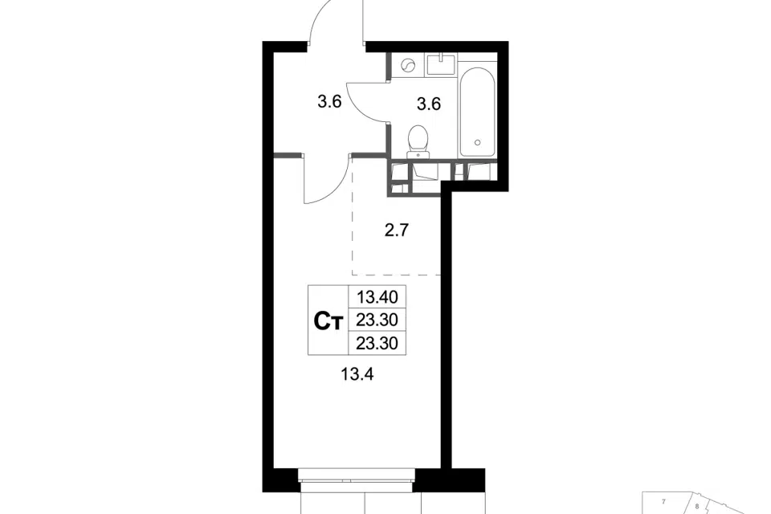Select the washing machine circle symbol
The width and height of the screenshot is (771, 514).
[408, 65]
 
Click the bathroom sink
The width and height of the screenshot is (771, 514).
[441, 65]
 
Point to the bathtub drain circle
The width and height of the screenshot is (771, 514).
[477, 143]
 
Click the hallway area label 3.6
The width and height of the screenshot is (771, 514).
[329, 102]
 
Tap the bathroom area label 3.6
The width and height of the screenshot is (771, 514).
[429, 104]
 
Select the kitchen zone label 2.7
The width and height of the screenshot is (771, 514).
[397, 230]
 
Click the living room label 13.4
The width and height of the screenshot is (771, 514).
[357, 374]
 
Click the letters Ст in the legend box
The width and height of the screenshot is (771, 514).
[328, 321]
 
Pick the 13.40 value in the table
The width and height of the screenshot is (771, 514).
[377, 297]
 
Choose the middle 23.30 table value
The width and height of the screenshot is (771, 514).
[377, 320]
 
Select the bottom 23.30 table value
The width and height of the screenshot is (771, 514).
[377, 343]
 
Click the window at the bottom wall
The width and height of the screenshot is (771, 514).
[357, 480]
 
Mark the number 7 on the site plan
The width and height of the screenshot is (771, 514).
[664, 502]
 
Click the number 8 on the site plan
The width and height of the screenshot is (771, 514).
[697, 506]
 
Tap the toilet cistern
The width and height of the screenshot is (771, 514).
[418, 154]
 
